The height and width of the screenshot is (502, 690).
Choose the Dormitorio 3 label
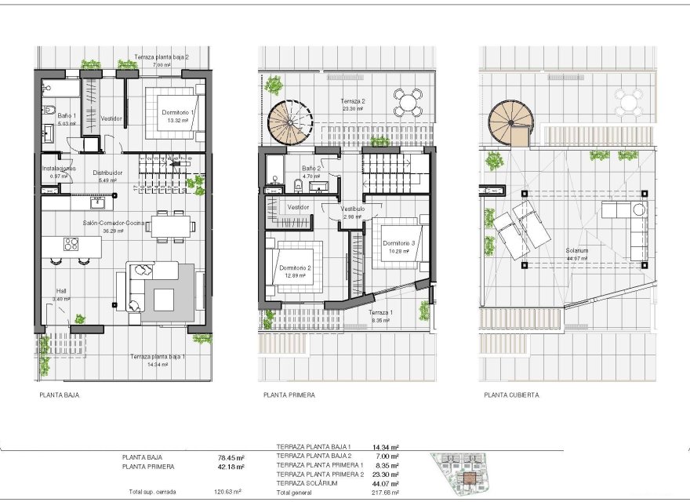pyautogui.click(x=398, y=243)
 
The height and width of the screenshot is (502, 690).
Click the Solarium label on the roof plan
pyautogui.click(x=576, y=251)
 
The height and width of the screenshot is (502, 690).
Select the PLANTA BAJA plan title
pyautogui.click(x=60, y=395)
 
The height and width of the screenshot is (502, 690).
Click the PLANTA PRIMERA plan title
pyautogui.click(x=289, y=395)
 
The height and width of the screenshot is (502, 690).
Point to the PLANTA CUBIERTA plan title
pyautogui.click(x=511, y=395)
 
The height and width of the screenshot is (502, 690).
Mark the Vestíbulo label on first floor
pyautogui.click(x=353, y=209)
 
